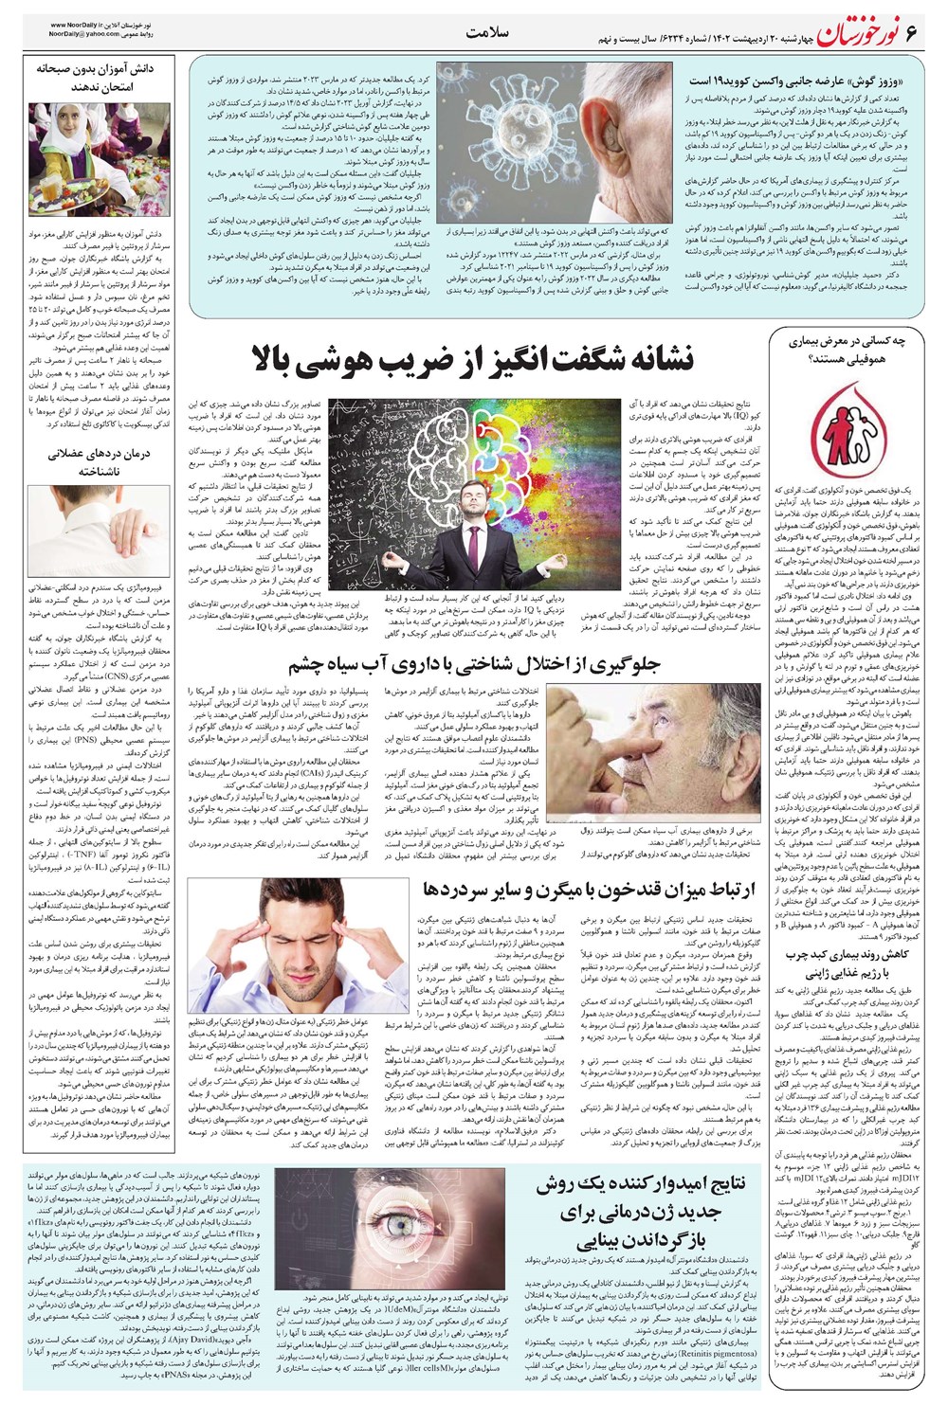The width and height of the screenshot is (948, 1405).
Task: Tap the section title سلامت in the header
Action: (489, 33)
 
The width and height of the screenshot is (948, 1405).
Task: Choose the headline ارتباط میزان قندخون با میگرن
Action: (589, 890)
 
